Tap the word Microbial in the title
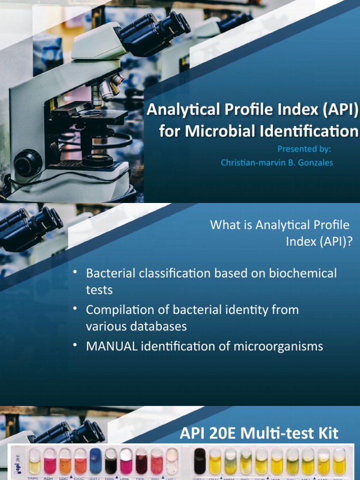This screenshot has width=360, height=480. tap(212, 131)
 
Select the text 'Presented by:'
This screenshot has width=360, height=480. tap(304, 149)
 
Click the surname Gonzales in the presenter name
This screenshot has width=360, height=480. tap(314, 163)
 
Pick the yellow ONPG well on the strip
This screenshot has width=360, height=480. tap(35, 461)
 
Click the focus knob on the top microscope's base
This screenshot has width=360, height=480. tap(28, 163)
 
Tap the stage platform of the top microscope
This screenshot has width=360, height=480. tap(89, 115)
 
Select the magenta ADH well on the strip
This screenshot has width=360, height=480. tap(50, 461)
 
